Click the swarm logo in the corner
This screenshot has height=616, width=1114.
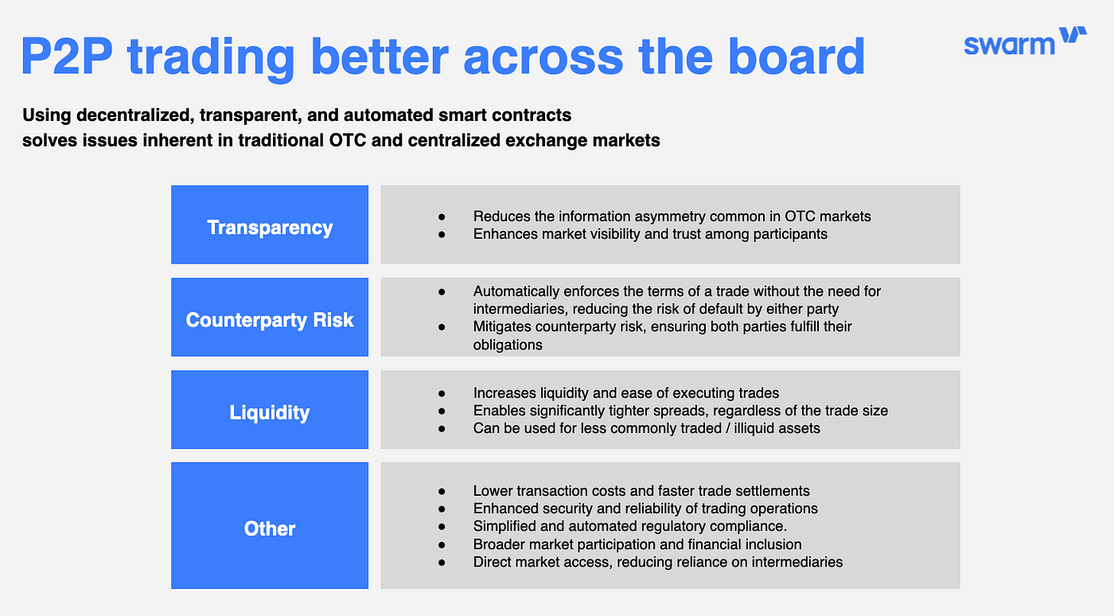[x=1025, y=42]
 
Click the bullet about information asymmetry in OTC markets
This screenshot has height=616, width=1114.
[x=672, y=216]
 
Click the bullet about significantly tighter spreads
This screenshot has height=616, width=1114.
[x=680, y=411]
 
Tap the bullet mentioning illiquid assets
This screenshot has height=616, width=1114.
[x=646, y=428]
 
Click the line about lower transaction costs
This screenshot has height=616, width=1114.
[x=641, y=490]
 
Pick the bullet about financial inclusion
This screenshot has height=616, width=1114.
[x=637, y=544]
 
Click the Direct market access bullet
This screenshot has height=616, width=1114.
[x=657, y=562]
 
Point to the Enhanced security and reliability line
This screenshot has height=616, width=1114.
[x=645, y=509]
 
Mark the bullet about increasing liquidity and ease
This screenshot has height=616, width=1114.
[x=625, y=392]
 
